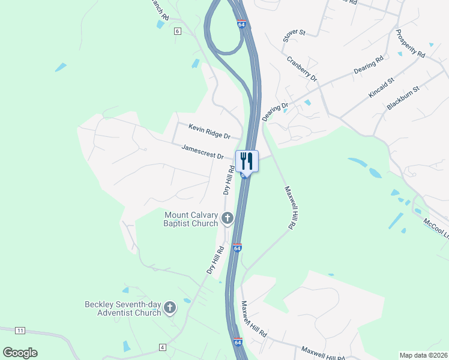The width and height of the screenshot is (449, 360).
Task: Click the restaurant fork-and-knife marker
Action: [x=247, y=160]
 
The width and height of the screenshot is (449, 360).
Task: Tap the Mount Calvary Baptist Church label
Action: [x=191, y=219]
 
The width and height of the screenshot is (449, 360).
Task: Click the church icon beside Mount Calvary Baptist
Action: [x=227, y=219]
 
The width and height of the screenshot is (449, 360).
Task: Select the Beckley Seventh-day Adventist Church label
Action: [x=122, y=308]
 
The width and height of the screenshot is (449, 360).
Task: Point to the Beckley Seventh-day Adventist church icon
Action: [x=170, y=308]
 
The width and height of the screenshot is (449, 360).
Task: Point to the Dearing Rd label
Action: [x=368, y=65]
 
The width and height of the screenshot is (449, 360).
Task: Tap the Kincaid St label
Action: [x=381, y=88]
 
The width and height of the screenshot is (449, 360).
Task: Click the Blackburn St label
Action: [x=403, y=97]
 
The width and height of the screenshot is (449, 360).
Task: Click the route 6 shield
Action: [x=177, y=31]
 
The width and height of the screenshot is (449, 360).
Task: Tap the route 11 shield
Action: [x=20, y=331]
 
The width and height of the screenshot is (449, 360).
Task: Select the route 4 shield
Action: [x=162, y=347]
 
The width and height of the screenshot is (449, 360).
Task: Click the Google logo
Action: [x=20, y=353]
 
